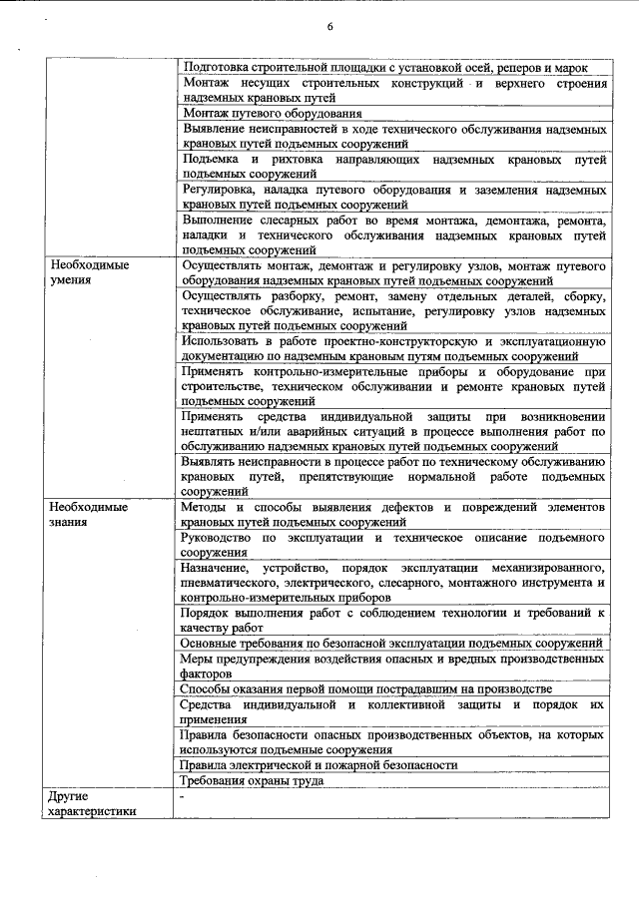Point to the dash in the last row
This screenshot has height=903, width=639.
point(183,797)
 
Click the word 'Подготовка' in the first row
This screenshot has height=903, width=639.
point(217,68)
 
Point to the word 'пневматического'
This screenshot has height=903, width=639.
point(228,582)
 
